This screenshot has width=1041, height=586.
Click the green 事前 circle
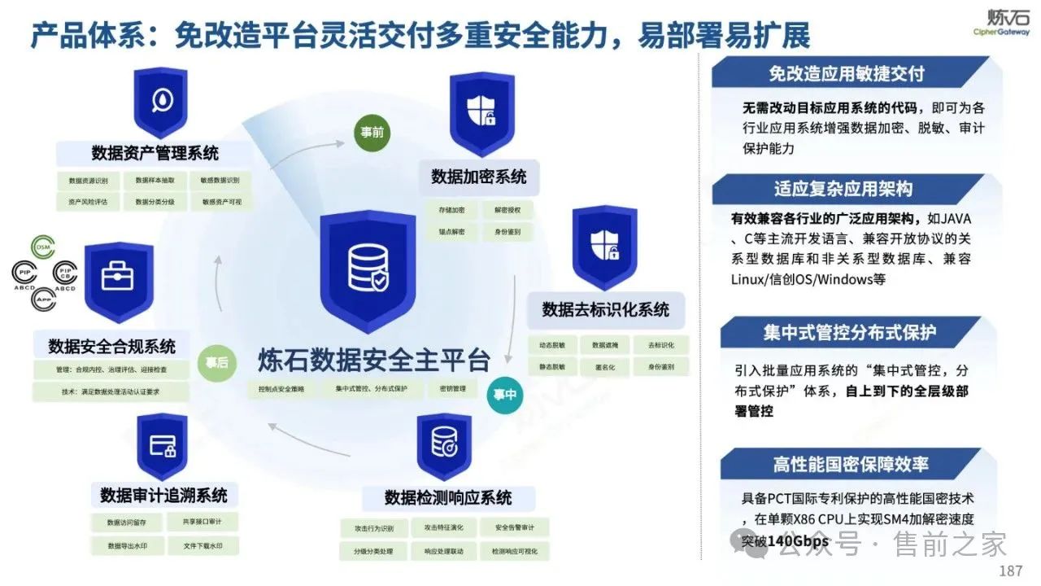[x=372, y=132]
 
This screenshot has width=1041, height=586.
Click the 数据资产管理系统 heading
[x=155, y=153]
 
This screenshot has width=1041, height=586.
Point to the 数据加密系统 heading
[x=478, y=177]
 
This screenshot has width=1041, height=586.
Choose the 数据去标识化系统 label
[x=606, y=309]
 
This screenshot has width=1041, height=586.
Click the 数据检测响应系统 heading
[x=448, y=497]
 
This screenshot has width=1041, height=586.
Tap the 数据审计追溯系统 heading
[x=164, y=495]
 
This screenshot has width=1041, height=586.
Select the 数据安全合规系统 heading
[x=112, y=346]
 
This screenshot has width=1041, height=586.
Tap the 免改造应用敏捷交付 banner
[x=846, y=73]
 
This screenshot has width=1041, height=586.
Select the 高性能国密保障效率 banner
[x=851, y=465]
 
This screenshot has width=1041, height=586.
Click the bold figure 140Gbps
[x=799, y=541]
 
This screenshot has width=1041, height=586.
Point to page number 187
[x=1010, y=571]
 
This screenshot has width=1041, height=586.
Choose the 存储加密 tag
[x=451, y=210]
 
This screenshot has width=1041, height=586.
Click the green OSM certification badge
[x=43, y=247]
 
